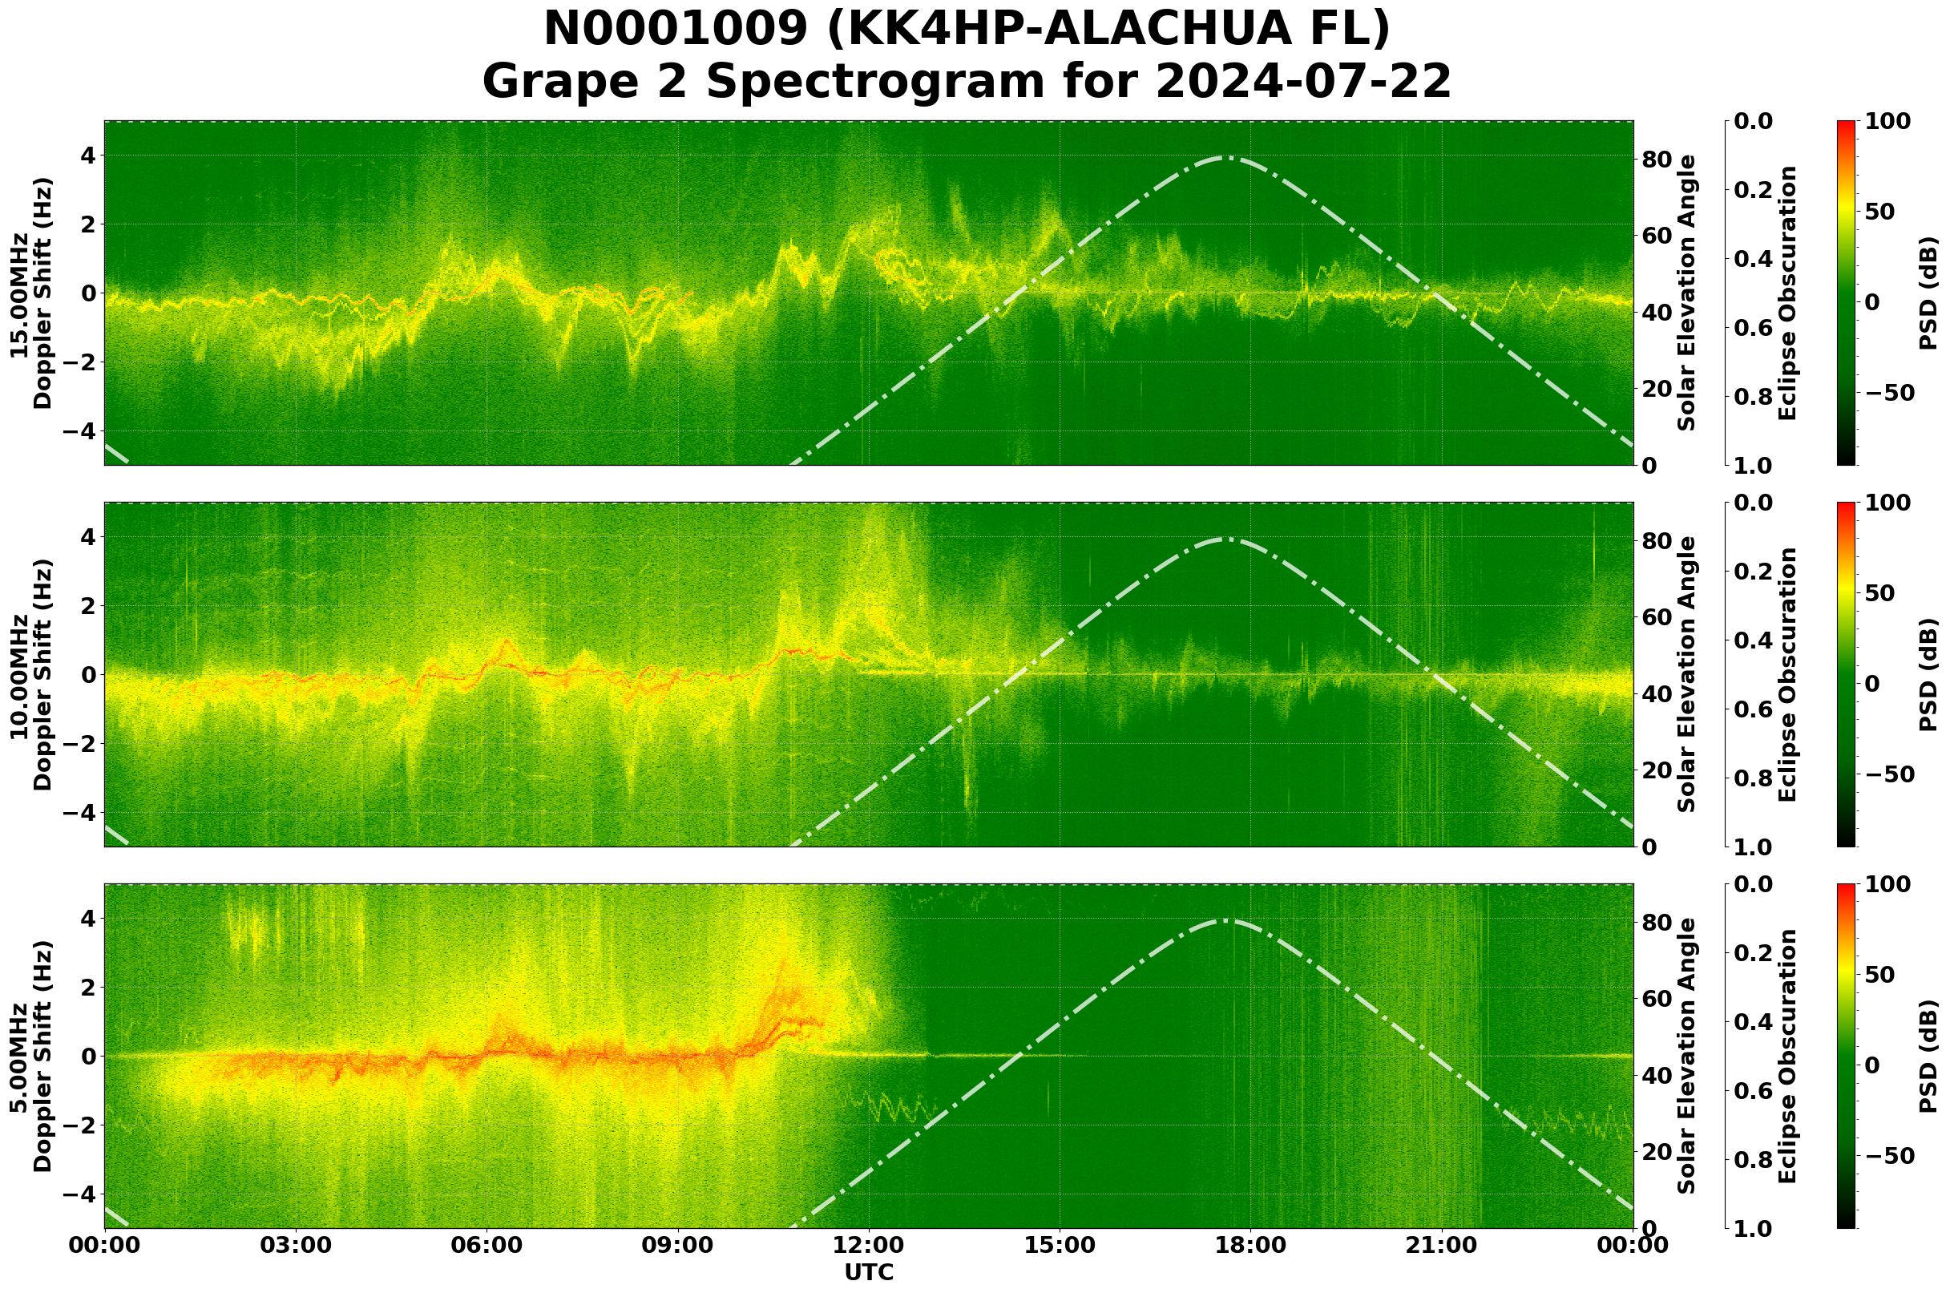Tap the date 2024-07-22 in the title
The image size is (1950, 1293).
(x=1302, y=83)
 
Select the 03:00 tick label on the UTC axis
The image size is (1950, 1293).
(x=295, y=1245)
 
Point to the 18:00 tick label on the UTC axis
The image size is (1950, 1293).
(x=1250, y=1245)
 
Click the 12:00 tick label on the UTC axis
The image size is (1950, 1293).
(x=868, y=1245)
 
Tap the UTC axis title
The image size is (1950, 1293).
(x=868, y=1272)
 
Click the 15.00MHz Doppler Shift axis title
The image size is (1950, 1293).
(x=30, y=293)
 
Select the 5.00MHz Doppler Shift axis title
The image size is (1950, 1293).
(x=30, y=1057)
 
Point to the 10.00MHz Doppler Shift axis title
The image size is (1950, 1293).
(x=30, y=674)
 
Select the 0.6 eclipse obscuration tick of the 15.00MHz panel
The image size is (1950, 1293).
(x=1757, y=328)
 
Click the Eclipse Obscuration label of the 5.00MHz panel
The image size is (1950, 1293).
(x=1786, y=1057)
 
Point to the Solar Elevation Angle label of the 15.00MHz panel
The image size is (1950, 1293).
(x=1687, y=293)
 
